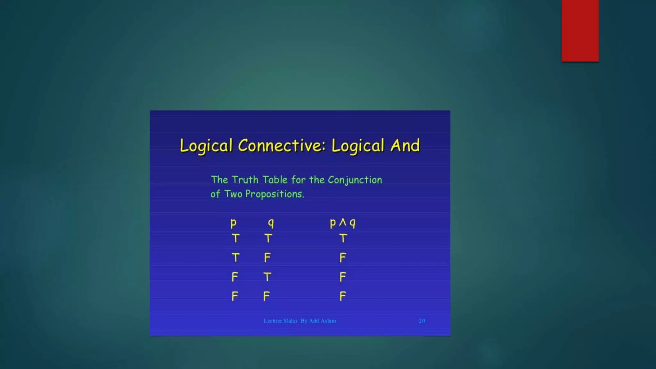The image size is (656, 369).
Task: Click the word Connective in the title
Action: (x=281, y=146)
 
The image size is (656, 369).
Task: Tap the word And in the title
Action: (x=405, y=146)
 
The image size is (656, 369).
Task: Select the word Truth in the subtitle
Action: (x=245, y=180)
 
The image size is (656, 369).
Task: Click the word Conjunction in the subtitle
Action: (x=355, y=180)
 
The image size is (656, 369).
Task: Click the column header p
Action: (x=234, y=223)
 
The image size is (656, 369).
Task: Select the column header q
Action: (x=271, y=223)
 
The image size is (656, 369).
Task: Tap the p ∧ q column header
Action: (x=342, y=223)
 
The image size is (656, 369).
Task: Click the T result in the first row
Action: (x=343, y=238)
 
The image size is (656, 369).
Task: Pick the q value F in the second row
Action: (x=267, y=258)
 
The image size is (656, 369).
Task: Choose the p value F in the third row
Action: (x=235, y=277)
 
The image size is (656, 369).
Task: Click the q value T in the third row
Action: (x=267, y=277)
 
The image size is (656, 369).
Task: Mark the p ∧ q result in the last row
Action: (x=343, y=296)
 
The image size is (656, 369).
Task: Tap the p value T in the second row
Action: (x=235, y=258)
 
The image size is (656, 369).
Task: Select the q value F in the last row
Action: (x=266, y=296)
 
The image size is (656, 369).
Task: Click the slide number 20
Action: (x=422, y=321)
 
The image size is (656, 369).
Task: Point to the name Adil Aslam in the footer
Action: (x=322, y=321)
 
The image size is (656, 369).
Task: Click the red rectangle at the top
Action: (x=580, y=30)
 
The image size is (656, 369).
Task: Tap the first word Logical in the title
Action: (x=206, y=146)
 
